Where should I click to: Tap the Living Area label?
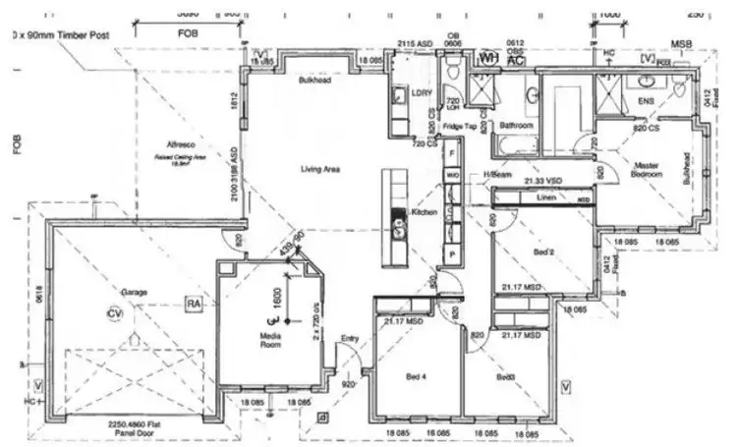pos(319,170)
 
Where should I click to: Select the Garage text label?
pos(134,293)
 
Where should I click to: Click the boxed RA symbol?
pos(194,305)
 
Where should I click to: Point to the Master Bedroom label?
pos(646,169)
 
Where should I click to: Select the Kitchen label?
pos(423,212)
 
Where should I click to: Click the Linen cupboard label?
pos(548,197)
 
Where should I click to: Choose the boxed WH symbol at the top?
pos(486,58)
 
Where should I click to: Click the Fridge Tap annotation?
pos(459,127)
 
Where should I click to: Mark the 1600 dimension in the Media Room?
pos(278,299)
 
